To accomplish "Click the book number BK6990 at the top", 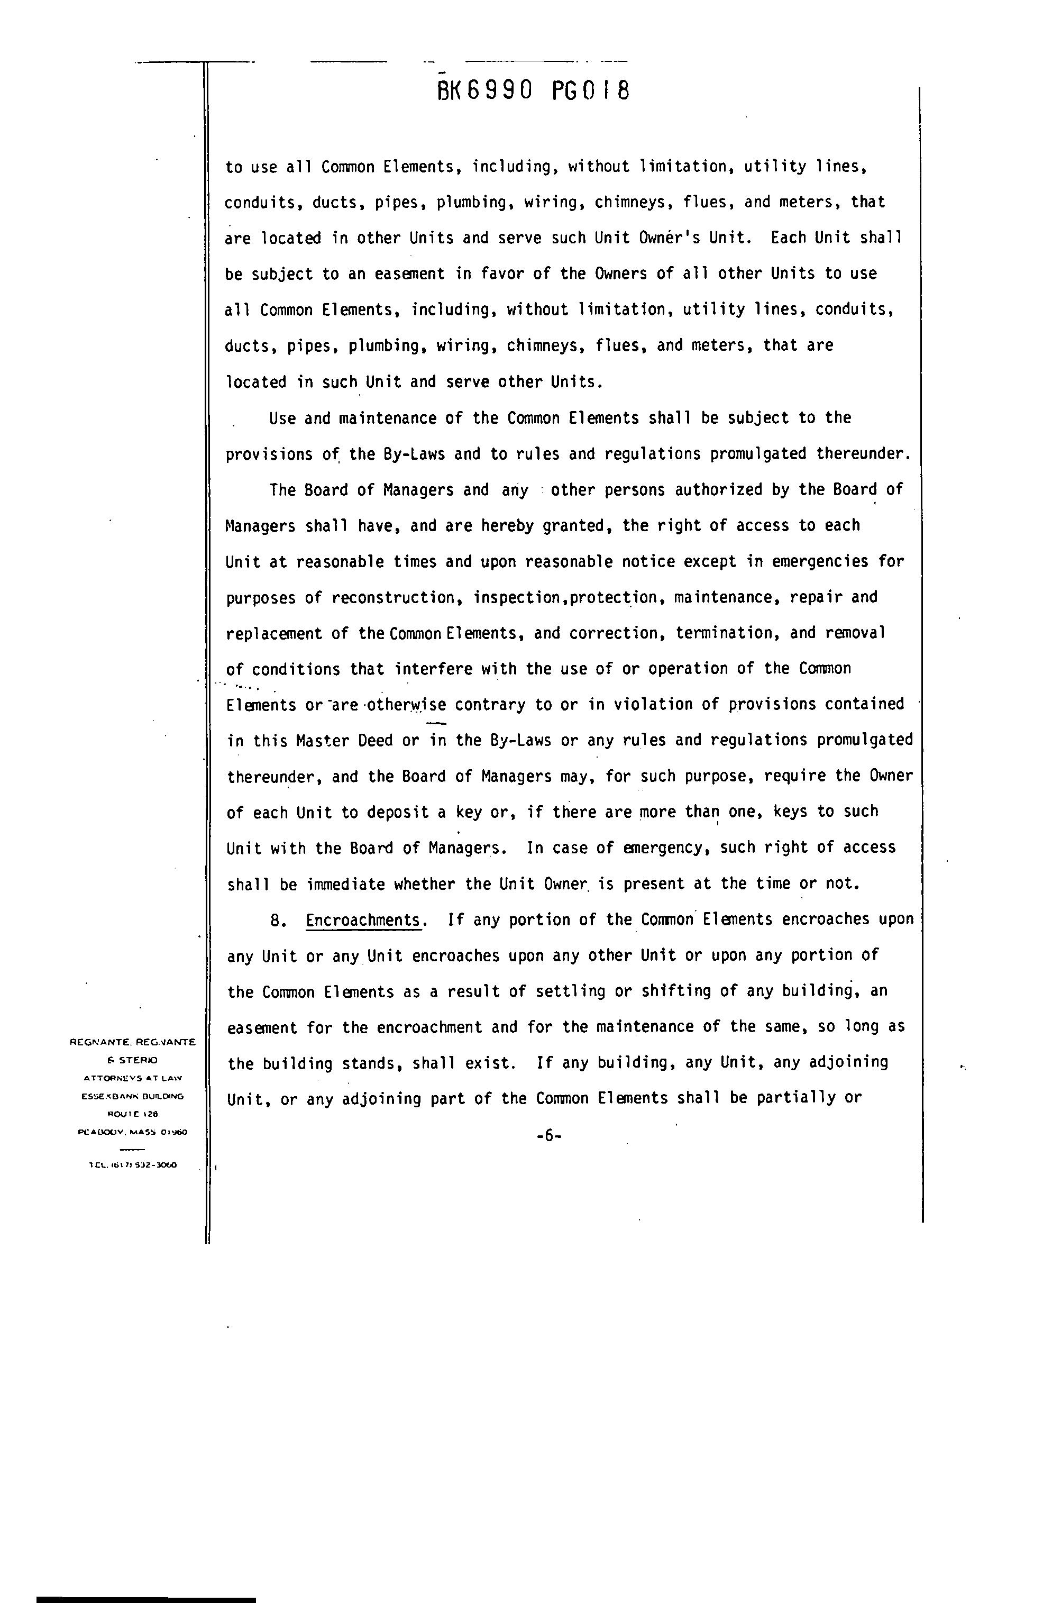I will coord(486,90).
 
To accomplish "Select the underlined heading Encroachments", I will coord(363,920).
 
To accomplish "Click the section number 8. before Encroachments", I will coord(279,920).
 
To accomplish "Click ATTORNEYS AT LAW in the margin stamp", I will coord(133,1078).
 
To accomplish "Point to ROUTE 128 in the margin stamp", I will coord(133,1114).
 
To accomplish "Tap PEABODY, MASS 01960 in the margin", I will coord(133,1132).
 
